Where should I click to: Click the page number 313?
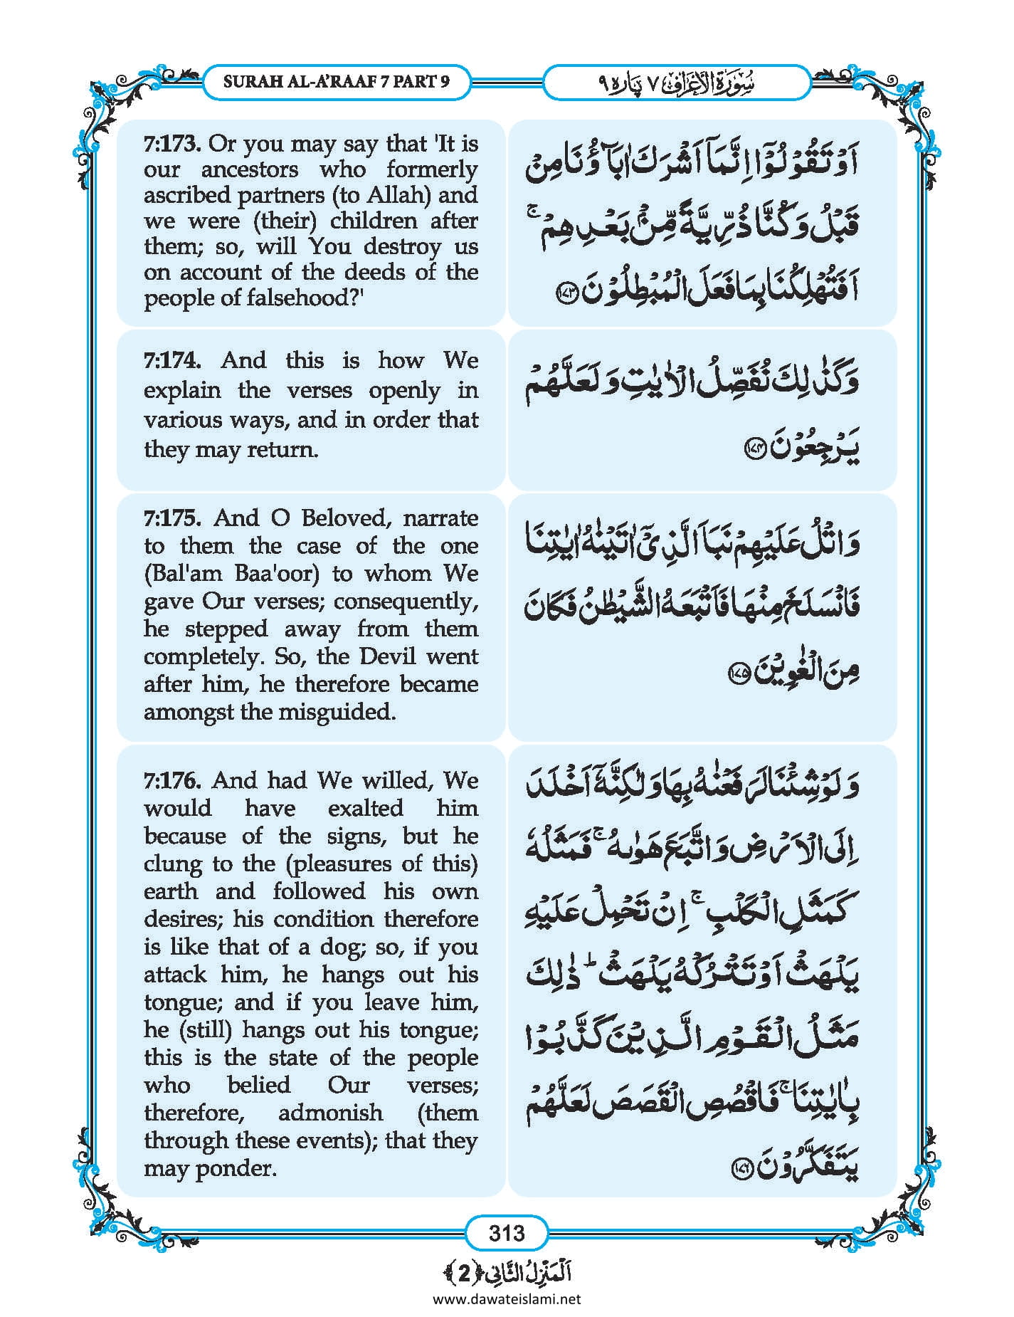click(x=507, y=1232)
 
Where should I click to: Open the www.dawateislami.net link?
click(x=507, y=1299)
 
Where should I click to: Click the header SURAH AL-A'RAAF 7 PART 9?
click(x=337, y=81)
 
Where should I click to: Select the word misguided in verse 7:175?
click(x=337, y=712)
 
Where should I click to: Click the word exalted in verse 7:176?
click(x=365, y=808)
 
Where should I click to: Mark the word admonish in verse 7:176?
click(x=330, y=1113)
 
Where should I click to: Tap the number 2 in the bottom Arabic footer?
click(x=464, y=1273)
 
